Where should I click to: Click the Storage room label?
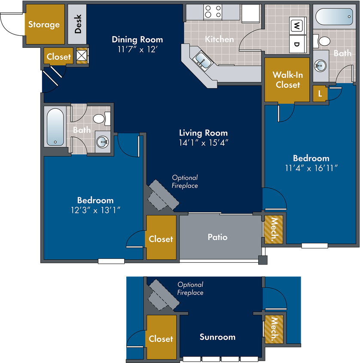click(x=44, y=25)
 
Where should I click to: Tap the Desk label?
click(x=78, y=24)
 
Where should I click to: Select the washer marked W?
click(x=297, y=25)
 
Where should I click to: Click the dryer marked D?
click(x=297, y=44)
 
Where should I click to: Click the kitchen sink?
click(x=203, y=60)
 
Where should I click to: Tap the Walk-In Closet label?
click(x=288, y=80)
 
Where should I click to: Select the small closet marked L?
click(x=320, y=94)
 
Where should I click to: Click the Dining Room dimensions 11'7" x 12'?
click(x=137, y=49)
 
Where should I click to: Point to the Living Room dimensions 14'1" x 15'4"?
click(x=204, y=143)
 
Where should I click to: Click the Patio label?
click(x=217, y=237)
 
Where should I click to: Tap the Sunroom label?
click(x=217, y=337)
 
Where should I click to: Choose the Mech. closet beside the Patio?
click(x=274, y=230)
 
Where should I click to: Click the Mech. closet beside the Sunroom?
click(x=274, y=329)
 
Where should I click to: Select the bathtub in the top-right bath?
click(x=334, y=16)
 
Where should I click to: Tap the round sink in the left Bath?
click(x=103, y=142)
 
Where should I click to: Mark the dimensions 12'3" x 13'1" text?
click(x=95, y=210)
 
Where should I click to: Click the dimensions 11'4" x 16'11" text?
click(x=311, y=168)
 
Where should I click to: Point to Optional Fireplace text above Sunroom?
click(x=190, y=289)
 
